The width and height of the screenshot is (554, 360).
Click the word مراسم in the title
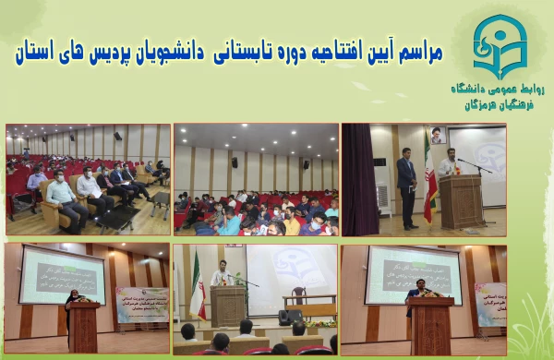415,54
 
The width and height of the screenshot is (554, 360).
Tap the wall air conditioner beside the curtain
383,198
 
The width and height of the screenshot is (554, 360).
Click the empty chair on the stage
297,296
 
